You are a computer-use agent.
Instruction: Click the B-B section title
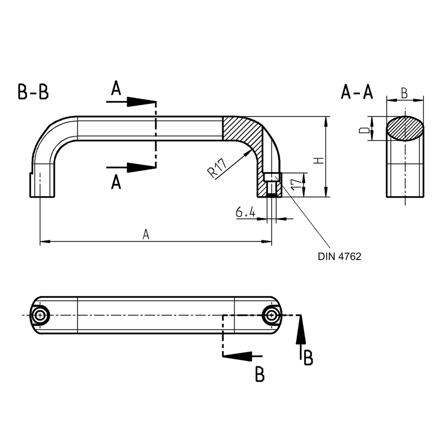point(33,92)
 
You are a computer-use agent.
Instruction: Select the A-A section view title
point(357,92)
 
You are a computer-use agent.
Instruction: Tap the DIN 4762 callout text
point(339,256)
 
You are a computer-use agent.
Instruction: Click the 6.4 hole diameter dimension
point(246,212)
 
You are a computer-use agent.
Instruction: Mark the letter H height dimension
point(319,160)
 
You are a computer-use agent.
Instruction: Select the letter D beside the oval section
point(366,129)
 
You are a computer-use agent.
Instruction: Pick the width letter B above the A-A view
point(404,93)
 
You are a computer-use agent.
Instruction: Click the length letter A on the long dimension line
point(146,235)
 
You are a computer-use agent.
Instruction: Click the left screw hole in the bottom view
point(40,315)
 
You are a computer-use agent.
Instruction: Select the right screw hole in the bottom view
point(272,315)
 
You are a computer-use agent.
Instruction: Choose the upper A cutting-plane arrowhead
point(141,102)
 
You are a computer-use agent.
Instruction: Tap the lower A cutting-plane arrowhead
point(141,167)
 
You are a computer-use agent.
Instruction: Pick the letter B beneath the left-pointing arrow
point(259,374)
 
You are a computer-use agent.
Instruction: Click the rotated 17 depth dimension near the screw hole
point(297,184)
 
